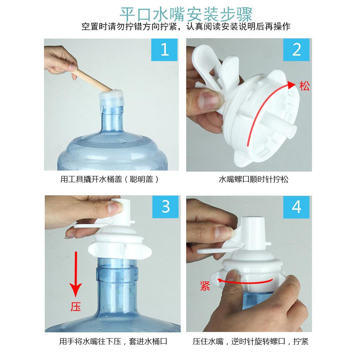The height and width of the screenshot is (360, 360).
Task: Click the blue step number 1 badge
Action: [164, 50]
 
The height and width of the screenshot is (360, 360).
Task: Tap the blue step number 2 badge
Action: [297, 50]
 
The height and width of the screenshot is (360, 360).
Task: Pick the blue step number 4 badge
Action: [297, 207]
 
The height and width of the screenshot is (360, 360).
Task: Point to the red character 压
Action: [76, 307]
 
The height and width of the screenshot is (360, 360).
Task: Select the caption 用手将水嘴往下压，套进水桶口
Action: [113, 341]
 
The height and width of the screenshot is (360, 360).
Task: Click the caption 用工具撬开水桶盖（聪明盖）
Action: [109, 179]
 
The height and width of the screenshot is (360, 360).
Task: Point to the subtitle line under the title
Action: [186, 27]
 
